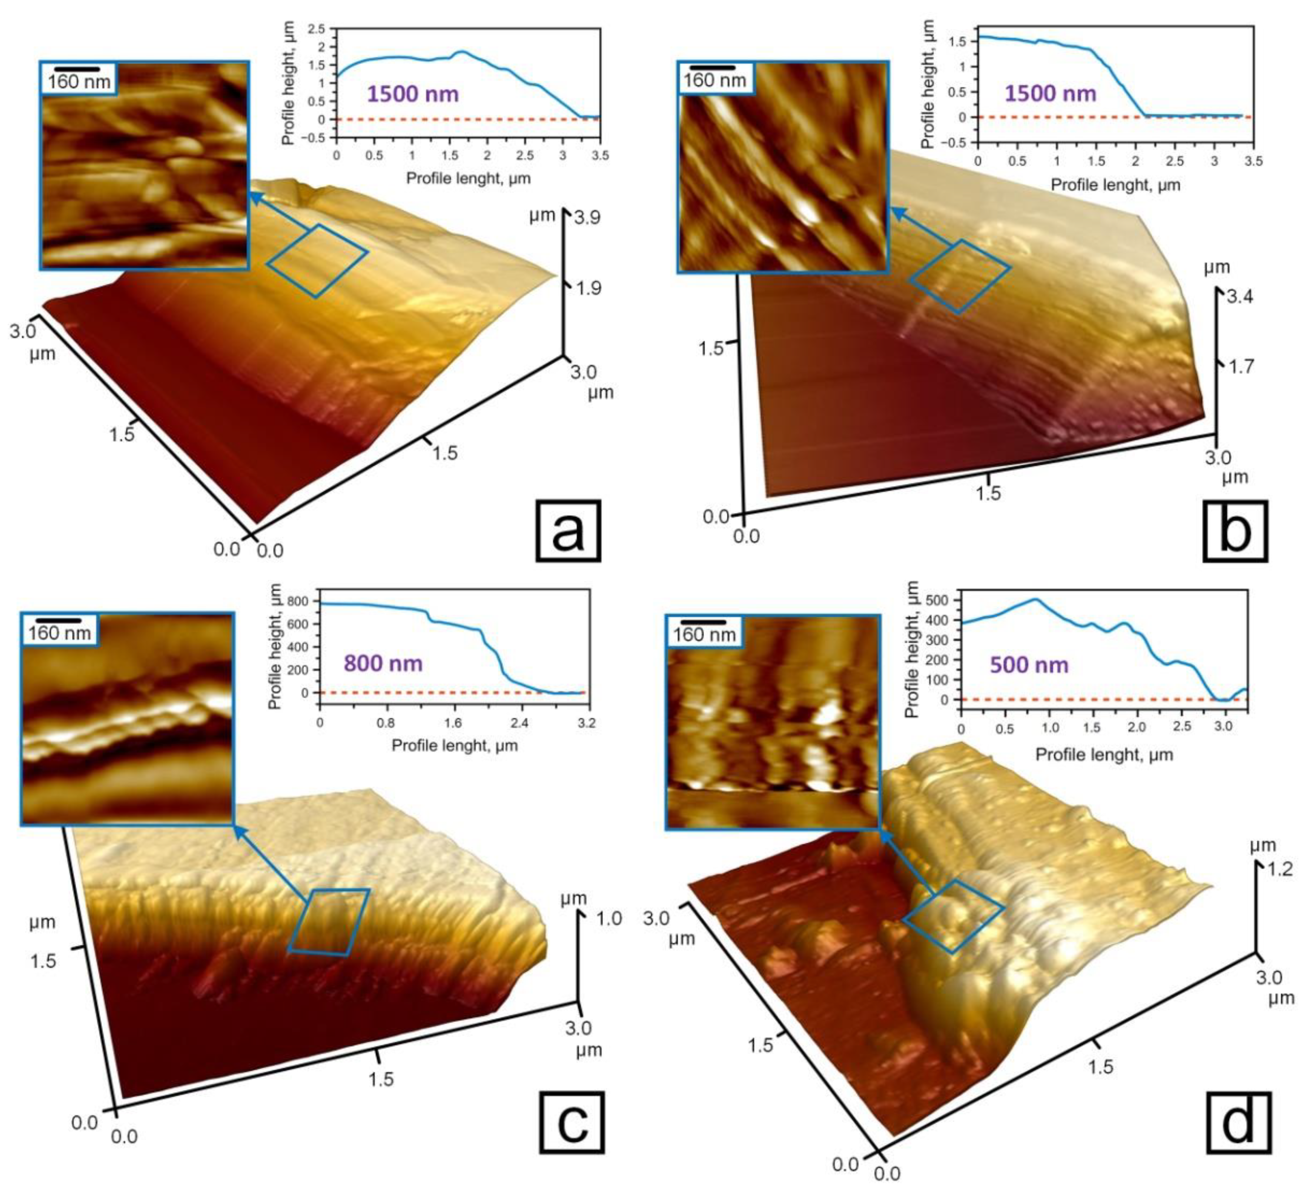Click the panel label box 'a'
(x=568, y=531)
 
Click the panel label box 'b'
(x=1235, y=531)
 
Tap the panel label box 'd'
(x=1239, y=1123)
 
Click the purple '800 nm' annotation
(x=383, y=663)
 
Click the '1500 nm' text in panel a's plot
(x=413, y=94)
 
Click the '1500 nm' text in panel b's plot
(x=1050, y=94)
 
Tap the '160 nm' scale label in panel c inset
(x=59, y=632)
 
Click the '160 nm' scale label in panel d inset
(x=704, y=634)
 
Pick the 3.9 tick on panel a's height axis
(x=587, y=217)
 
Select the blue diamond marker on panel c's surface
(x=329, y=922)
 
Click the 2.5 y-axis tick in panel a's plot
(x=319, y=29)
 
